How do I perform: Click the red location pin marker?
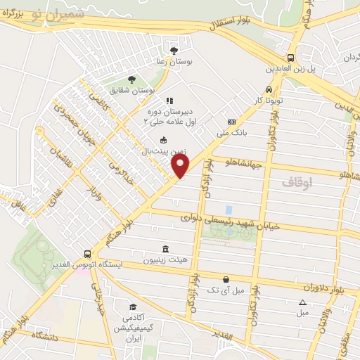181,165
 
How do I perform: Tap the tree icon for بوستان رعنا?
174,50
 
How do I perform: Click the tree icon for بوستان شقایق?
131,79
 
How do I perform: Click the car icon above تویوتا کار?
269,89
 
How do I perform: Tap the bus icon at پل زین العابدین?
290,58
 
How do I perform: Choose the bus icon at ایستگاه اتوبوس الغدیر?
87,254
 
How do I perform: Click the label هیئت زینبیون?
165,260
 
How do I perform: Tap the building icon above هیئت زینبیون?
165,249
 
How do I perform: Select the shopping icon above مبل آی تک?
225,279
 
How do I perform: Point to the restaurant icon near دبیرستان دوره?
169,101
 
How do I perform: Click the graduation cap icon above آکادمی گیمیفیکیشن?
133,307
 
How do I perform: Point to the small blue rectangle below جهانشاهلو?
229,210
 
